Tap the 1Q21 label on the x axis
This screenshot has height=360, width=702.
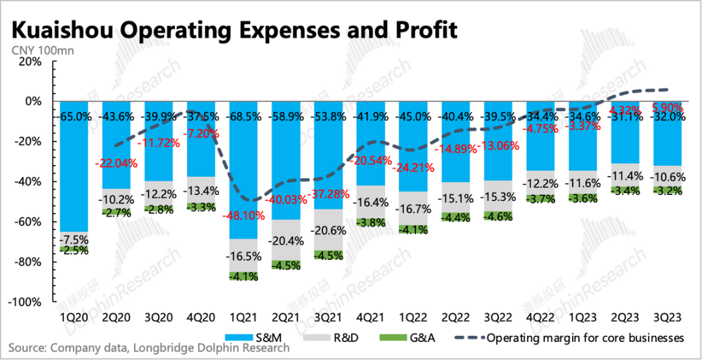click(x=242, y=318)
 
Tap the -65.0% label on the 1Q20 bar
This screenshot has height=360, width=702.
click(x=73, y=117)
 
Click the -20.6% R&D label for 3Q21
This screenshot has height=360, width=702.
click(x=327, y=231)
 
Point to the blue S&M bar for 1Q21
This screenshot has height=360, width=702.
click(x=242, y=169)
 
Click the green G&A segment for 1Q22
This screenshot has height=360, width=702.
click(x=412, y=229)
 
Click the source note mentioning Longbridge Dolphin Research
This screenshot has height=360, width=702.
click(x=149, y=348)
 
